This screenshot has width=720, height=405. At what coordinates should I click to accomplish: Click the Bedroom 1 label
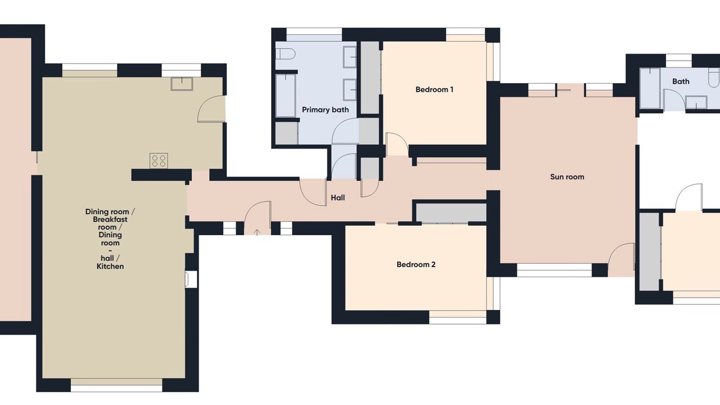(434, 89)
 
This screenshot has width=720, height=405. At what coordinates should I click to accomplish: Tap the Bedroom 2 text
(416, 264)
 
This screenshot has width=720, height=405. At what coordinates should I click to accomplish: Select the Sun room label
(567, 177)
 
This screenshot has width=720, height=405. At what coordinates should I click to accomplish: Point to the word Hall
(338, 197)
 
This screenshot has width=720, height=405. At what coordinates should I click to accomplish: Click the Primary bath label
(325, 110)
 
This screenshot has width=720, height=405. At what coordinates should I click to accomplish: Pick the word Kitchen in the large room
(110, 266)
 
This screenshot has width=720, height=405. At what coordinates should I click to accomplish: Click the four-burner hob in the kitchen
(159, 161)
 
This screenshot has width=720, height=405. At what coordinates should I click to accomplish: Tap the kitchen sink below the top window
(182, 84)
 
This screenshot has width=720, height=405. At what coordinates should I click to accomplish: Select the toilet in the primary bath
(285, 54)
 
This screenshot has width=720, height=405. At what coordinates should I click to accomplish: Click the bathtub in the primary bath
(285, 96)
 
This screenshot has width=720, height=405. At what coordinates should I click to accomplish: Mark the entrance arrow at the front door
(257, 232)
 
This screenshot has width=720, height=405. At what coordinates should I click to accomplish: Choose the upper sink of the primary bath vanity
(350, 57)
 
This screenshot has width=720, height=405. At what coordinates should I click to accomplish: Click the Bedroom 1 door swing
(397, 144)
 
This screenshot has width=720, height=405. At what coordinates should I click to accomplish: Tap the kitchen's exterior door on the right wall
(211, 109)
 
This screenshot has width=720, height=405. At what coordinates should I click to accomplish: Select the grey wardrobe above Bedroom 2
(451, 213)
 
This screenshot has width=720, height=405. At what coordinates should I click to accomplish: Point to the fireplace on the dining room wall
(191, 280)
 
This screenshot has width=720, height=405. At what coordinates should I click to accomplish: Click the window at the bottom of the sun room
(554, 271)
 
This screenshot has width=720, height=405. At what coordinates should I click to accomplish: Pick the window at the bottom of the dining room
(116, 385)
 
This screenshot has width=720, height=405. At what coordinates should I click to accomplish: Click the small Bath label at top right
(681, 82)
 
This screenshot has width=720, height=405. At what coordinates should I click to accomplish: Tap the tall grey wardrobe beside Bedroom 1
(370, 78)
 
